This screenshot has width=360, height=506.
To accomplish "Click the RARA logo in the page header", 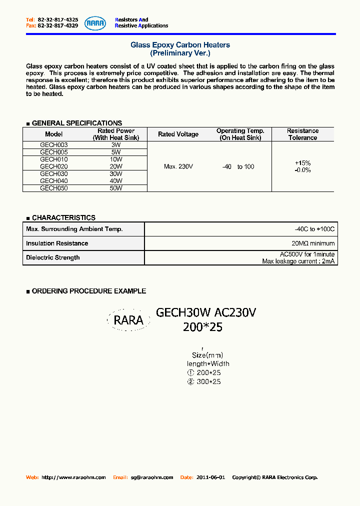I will pos(95,23).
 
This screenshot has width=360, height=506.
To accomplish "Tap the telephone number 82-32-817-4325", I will pos(58,20).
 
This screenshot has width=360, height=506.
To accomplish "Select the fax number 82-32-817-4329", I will pos(58,25).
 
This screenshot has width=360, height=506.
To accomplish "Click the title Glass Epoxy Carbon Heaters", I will pos(180,45).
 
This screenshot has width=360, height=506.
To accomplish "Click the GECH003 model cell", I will pos(53,145).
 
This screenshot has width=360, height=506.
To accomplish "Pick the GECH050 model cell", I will pos(53,188).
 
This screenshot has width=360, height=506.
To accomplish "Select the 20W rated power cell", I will pos(116,166).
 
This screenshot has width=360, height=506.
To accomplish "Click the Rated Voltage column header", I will pos(178,134).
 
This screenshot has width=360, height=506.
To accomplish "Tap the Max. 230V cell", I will pos(178,166).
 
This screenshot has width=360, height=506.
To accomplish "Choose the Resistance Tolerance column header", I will pos(302,134).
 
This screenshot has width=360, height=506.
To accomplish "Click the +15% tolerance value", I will pos(303,163).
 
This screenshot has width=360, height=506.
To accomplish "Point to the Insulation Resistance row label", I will pos(57,243).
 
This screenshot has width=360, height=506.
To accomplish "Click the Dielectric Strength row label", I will pos(53,257).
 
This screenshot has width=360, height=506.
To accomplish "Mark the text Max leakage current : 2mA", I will pos(298,261).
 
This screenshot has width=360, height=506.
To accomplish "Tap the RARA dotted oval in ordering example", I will pos(128,320).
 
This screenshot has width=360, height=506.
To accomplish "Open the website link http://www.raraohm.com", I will pos(73,477).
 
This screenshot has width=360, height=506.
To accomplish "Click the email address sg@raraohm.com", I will pos(152,477).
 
